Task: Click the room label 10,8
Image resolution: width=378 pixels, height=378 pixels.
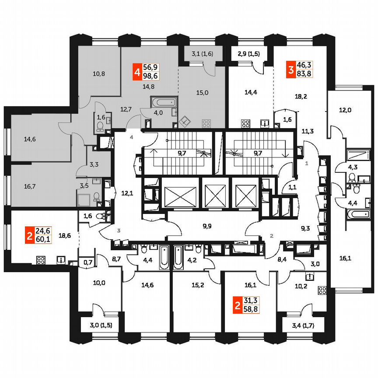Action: pos(99,74)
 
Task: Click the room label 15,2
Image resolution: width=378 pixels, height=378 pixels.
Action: pos(198,286)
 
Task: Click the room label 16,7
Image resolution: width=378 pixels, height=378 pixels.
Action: pos(30,185)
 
